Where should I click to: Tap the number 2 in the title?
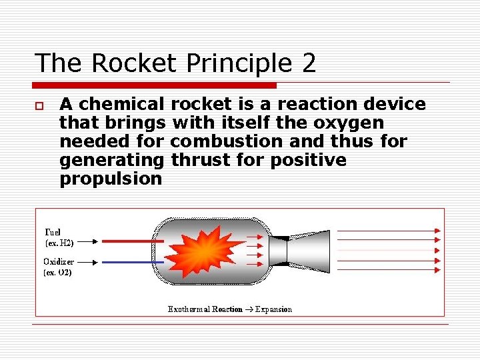[308, 63]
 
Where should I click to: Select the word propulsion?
[111, 179]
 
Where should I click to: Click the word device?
[394, 104]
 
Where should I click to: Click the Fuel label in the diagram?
[53, 232]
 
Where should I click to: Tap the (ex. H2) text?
[59, 243]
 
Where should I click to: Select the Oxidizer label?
[59, 261]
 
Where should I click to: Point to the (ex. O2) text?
[58, 272]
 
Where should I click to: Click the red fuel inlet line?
[133, 241]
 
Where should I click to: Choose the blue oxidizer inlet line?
[133, 261]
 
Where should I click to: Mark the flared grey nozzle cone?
[313, 251]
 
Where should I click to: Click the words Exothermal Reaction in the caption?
[205, 309]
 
